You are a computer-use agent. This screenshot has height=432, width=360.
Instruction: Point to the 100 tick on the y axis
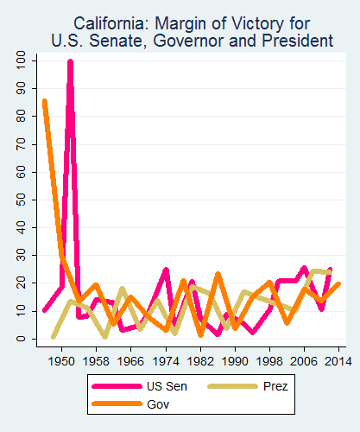tap(19, 60)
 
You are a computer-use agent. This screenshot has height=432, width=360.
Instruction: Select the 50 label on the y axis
tap(19, 200)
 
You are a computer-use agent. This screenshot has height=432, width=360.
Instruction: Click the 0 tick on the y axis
tap(19, 339)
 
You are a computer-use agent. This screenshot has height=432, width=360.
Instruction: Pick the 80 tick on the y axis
tap(19, 116)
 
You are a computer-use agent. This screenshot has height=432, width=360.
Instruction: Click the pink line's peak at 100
tap(70, 61)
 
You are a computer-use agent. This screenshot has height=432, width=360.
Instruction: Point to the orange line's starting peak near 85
tap(44, 102)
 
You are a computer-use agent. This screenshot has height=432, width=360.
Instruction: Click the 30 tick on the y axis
tap(19, 255)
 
